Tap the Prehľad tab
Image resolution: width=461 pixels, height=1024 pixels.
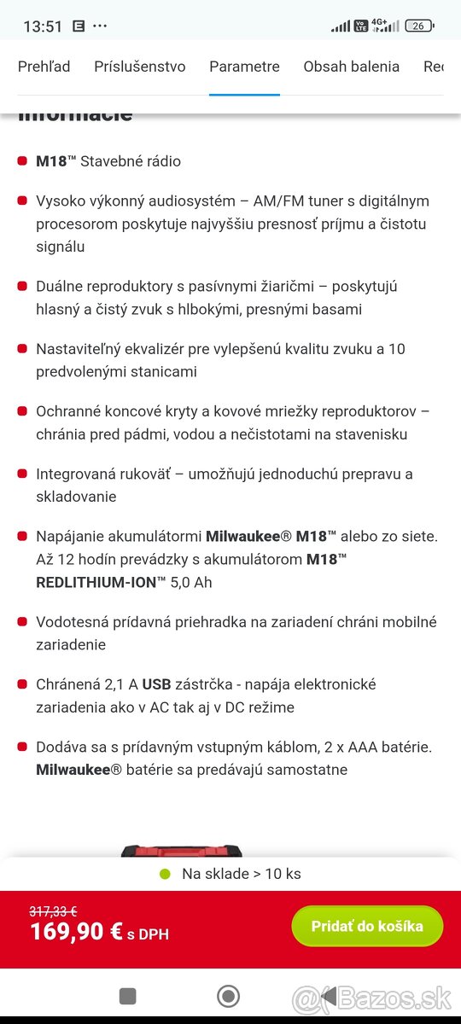(x=44, y=67)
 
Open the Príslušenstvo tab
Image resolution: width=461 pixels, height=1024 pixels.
(x=140, y=67)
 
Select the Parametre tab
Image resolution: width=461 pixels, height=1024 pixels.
(x=244, y=67)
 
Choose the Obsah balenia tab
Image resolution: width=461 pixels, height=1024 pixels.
(x=351, y=67)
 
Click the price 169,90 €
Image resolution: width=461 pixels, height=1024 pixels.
(x=77, y=931)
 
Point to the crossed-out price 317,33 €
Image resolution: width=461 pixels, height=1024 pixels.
(x=53, y=911)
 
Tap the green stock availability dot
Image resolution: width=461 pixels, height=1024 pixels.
(x=166, y=874)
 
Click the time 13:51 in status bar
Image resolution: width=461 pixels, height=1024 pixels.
(x=43, y=26)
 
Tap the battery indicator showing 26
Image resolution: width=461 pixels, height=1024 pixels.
(x=418, y=26)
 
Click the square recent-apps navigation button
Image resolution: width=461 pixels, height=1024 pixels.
(x=127, y=996)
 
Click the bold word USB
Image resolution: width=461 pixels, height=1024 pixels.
(x=156, y=684)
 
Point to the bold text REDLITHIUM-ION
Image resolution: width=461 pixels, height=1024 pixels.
(x=102, y=582)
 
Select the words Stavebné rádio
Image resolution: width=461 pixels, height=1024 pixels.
(x=131, y=161)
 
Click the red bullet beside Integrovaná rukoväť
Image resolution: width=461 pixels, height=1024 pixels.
(x=22, y=474)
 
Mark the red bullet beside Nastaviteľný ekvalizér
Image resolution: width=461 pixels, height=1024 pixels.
(x=22, y=349)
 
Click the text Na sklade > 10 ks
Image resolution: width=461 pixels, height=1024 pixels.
(x=241, y=874)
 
